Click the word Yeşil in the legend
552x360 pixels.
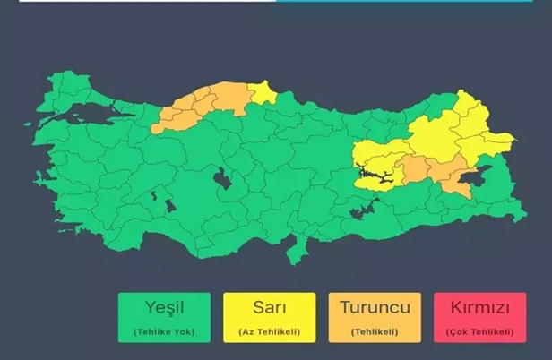click(x=163, y=308)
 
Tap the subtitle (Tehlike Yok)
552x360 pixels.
click(x=163, y=331)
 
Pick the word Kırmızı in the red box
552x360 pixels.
click(x=479, y=308)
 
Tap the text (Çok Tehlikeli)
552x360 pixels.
click(x=479, y=331)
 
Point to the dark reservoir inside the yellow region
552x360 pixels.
click(x=380, y=175)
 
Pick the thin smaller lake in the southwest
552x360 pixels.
click(x=155, y=194)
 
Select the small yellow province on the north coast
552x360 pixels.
click(x=263, y=90)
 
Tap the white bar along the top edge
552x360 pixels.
click(x=134, y=1)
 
